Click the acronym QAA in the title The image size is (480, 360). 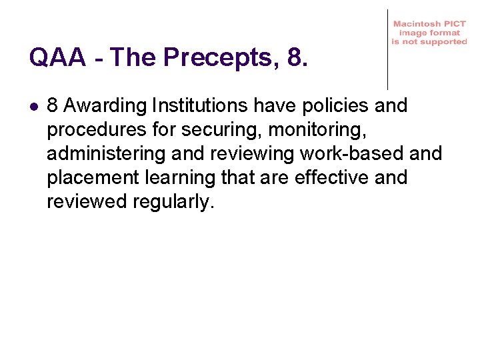tap(57, 58)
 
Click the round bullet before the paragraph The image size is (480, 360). tap(34, 106)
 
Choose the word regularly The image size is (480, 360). tap(173, 202)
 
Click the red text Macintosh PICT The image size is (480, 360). tap(429, 23)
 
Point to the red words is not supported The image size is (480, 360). tap(429, 41)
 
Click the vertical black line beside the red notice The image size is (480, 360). tap(387, 50)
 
